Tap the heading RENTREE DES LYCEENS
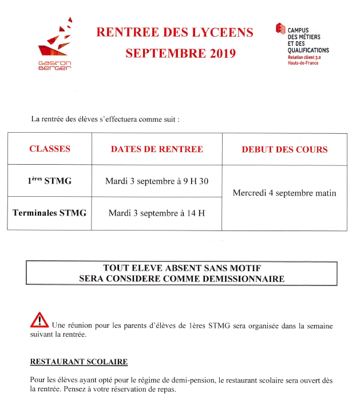point(175,33)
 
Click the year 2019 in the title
point(218,54)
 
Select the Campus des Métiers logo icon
point(280,29)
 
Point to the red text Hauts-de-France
point(303,63)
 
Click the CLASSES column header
point(50,149)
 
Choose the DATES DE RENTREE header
point(156,149)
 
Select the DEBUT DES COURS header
point(284,150)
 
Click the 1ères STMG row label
point(50,181)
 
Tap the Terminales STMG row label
point(50,213)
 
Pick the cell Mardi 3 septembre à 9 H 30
point(156,181)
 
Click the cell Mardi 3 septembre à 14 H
point(156,213)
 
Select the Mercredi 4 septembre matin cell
point(284,193)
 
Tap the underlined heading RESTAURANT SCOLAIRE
point(78,362)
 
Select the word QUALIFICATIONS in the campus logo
point(308,50)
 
